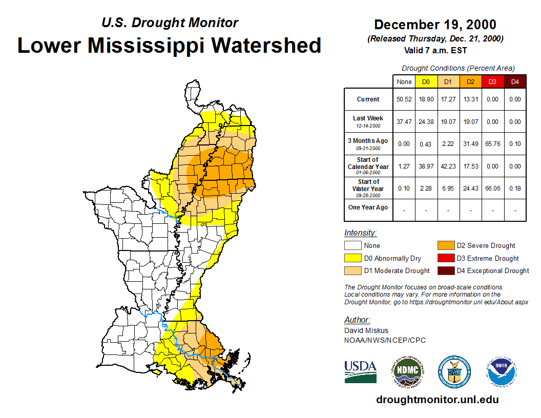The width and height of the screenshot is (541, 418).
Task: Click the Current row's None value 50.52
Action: pyautogui.click(x=404, y=99)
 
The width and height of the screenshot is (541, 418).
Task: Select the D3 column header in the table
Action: pyautogui.click(x=492, y=82)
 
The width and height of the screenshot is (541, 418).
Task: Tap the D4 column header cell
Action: pyautogui.click(x=515, y=82)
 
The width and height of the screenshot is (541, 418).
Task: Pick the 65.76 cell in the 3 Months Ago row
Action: pyautogui.click(x=492, y=144)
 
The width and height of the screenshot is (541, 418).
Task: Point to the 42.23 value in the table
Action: pyautogui.click(x=448, y=166)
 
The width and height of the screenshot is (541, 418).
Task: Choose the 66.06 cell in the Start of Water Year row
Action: pyautogui.click(x=492, y=189)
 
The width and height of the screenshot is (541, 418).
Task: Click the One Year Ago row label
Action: pyautogui.click(x=368, y=207)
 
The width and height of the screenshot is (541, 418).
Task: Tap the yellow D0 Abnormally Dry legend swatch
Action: pyautogui.click(x=352, y=258)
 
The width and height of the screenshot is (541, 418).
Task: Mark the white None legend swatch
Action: pyautogui.click(x=352, y=246)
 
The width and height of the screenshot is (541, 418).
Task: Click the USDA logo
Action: pyautogui.click(x=360, y=371)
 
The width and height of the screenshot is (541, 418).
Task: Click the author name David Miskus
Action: pyautogui.click(x=366, y=330)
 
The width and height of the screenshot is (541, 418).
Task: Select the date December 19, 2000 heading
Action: pyautogui.click(x=435, y=25)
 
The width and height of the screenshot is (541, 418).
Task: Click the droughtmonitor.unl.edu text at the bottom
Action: pyautogui.click(x=437, y=400)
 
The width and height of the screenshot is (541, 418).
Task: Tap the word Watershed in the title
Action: pyautogui.click(x=266, y=45)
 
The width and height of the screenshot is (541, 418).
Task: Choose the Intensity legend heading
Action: pyautogui.click(x=360, y=233)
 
